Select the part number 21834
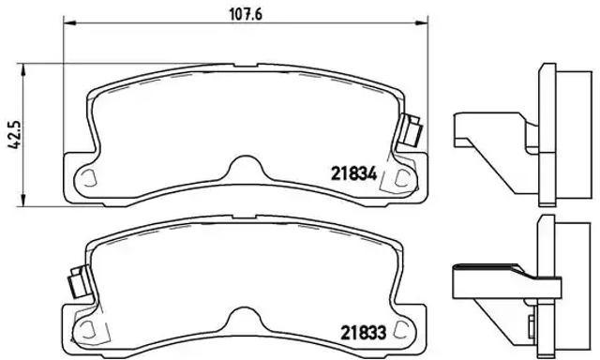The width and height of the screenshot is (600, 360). click(x=352, y=172)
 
